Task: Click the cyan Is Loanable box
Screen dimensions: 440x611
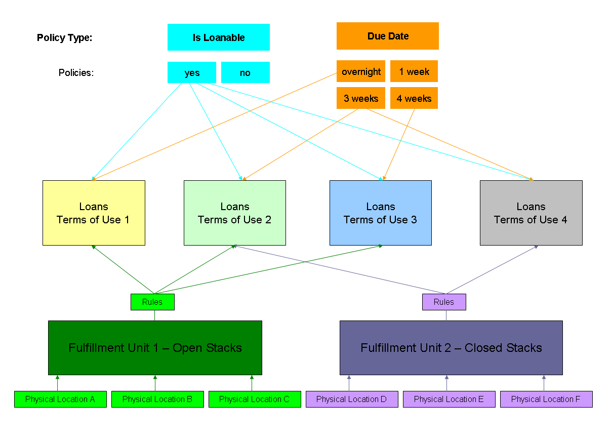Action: click(219, 37)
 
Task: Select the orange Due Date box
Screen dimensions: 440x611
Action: click(388, 36)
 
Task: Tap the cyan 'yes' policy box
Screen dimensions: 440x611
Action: click(192, 72)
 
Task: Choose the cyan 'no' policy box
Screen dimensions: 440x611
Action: click(245, 72)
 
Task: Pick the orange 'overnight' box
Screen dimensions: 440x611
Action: click(361, 71)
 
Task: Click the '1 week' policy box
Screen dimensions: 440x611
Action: click(414, 71)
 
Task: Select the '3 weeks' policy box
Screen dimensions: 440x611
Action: click(361, 98)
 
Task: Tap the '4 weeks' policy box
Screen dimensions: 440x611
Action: click(414, 98)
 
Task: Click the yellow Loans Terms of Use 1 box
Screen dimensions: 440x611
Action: click(94, 213)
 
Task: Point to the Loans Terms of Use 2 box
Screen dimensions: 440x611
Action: click(235, 213)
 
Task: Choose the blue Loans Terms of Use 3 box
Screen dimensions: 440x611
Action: click(381, 213)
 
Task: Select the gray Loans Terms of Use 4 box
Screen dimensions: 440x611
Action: click(531, 213)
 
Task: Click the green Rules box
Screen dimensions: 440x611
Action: click(152, 302)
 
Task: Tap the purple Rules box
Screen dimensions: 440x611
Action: click(444, 302)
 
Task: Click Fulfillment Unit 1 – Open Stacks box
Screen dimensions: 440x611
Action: click(155, 348)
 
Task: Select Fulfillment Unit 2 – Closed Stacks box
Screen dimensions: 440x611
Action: click(451, 348)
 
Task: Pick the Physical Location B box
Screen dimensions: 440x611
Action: click(157, 399)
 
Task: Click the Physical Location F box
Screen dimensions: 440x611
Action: click(546, 399)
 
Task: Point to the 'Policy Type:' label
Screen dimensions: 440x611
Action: click(65, 37)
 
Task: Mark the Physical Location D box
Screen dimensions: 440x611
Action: click(352, 399)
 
